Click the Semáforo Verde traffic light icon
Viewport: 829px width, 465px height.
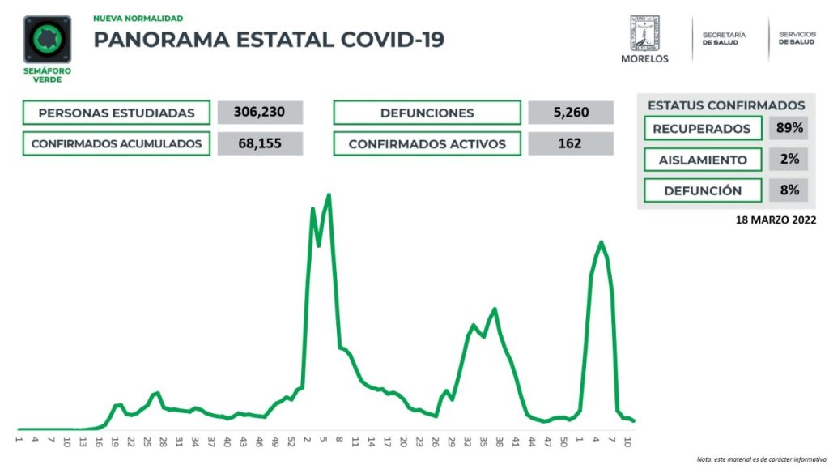(48, 41)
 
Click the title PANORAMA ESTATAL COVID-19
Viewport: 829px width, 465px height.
(269, 40)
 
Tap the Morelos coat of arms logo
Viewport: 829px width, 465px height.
(644, 34)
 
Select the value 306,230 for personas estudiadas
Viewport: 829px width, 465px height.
(260, 113)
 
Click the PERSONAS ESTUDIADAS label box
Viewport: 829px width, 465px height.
(117, 113)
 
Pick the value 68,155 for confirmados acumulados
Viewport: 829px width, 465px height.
(260, 143)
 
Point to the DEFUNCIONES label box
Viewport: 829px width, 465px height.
(427, 113)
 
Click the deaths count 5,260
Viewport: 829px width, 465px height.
(571, 113)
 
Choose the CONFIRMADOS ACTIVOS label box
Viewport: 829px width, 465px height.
(427, 143)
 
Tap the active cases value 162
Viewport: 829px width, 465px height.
(571, 143)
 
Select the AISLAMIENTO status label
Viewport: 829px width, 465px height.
(703, 160)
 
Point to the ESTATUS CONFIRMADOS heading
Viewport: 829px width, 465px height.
(726, 105)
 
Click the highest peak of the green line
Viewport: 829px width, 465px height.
(329, 194)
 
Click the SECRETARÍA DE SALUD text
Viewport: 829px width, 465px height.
(724, 39)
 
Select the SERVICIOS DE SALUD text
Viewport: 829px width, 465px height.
(797, 38)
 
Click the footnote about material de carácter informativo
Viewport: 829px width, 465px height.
(761, 459)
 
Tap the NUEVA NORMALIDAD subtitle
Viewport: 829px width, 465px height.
(138, 18)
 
